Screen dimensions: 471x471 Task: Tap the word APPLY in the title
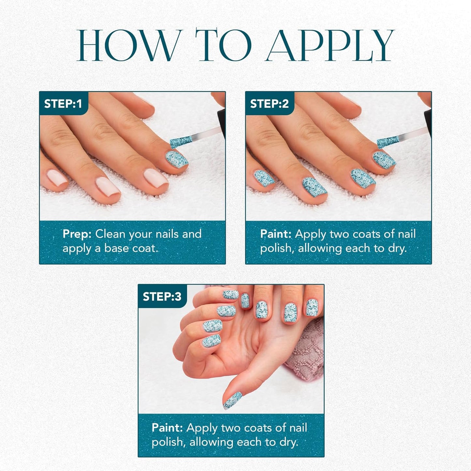point(330,45)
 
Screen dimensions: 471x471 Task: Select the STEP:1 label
point(63,104)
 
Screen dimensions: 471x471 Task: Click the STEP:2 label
point(269,104)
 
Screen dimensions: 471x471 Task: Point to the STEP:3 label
point(162,297)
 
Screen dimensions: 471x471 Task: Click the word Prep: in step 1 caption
point(77,234)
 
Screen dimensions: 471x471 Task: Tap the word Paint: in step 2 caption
point(276,234)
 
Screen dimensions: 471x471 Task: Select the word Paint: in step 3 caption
point(167,428)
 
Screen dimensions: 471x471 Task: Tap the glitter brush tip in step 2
point(388,142)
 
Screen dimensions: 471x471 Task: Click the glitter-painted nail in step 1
point(176,158)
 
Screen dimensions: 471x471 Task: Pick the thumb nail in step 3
point(232,400)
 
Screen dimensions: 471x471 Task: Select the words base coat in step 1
point(130,248)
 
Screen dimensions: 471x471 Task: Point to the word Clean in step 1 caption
point(110,234)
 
